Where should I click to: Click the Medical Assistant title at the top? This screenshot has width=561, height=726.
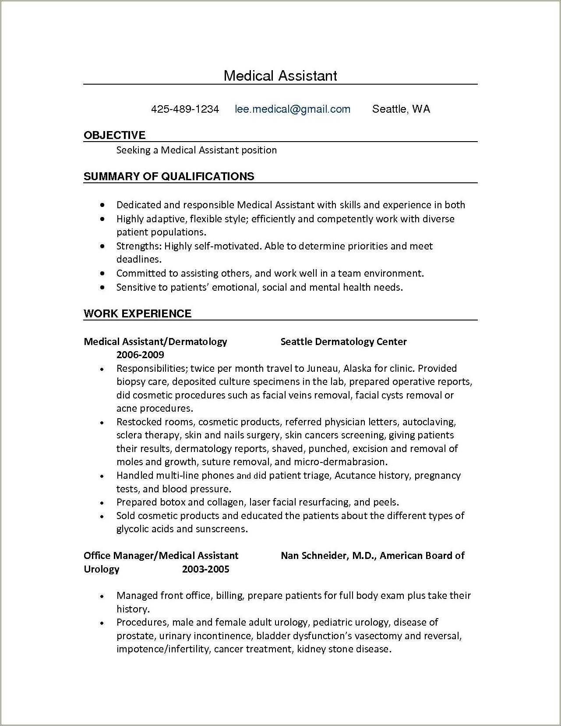coord(280,76)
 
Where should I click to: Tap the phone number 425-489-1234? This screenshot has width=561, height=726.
coord(185,109)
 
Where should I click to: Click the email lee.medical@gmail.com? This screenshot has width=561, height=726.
coord(293,109)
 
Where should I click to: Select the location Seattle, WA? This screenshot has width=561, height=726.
coord(401,109)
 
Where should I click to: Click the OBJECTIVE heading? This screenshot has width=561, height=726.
coord(114,135)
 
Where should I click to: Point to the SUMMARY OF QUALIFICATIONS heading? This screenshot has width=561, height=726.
coord(169,176)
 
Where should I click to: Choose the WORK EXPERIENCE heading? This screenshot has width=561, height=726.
coord(138,313)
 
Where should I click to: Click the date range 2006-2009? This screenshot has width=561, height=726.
coord(140,355)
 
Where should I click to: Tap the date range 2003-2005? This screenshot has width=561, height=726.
coord(205,569)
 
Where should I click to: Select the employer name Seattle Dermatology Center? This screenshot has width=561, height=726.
coord(343,342)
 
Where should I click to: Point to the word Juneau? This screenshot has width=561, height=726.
coord(322,368)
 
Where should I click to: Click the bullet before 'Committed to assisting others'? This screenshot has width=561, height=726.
coord(102,274)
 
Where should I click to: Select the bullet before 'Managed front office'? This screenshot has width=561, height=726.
coord(102,596)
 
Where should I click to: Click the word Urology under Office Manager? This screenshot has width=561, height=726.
coord(101,569)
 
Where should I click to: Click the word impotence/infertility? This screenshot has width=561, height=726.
coord(162,649)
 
